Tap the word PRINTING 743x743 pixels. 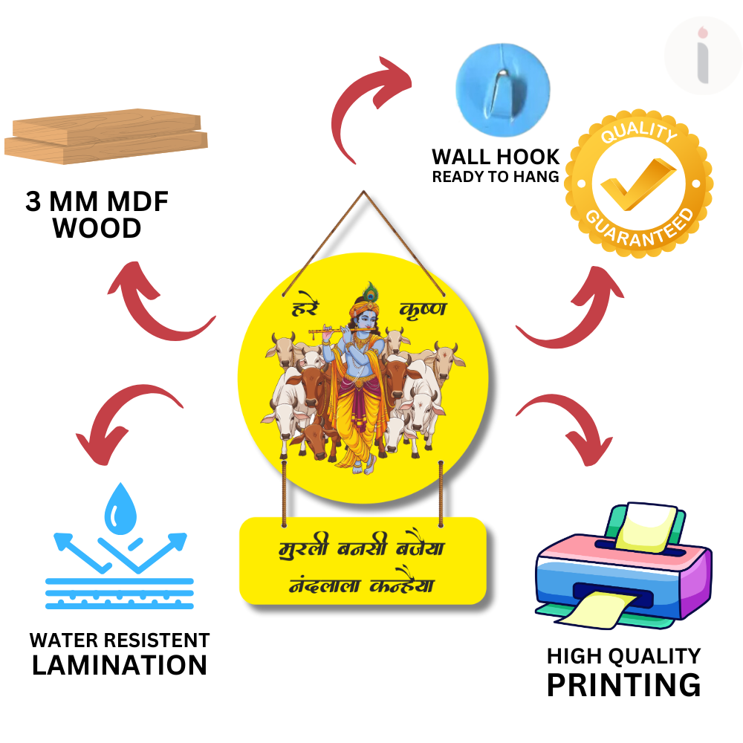[623, 684]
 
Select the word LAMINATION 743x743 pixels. [119, 665]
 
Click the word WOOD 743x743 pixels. [97, 229]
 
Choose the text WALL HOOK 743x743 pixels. [496, 157]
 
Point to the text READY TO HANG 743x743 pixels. [496, 177]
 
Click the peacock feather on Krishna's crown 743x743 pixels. [370, 291]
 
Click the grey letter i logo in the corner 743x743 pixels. [702, 56]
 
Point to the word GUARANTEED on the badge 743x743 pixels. [640, 227]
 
